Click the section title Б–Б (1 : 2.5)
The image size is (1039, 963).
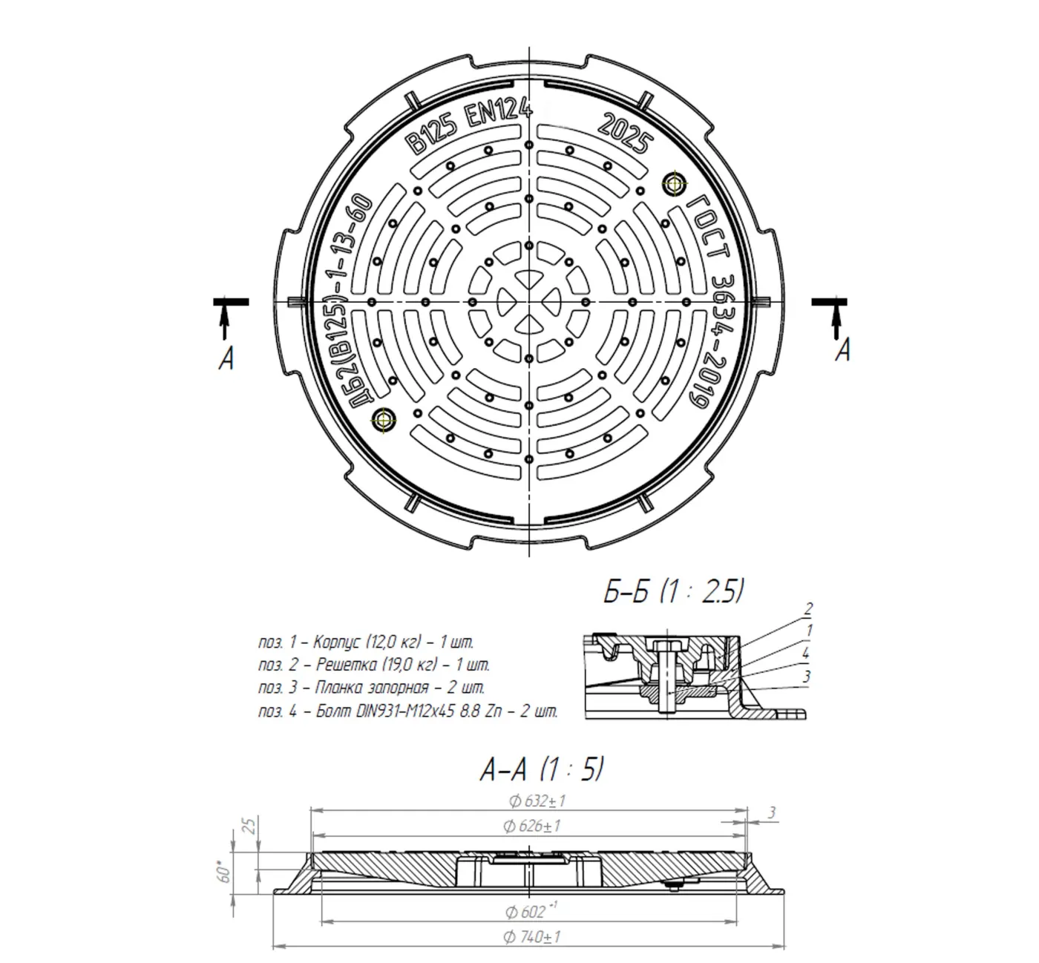click(x=673, y=592)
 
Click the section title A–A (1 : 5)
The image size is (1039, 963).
click(x=542, y=770)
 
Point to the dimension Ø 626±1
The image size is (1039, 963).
click(x=531, y=826)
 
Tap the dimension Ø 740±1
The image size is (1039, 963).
click(x=531, y=937)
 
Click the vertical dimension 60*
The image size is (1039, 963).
click(x=223, y=873)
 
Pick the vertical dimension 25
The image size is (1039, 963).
click(x=251, y=826)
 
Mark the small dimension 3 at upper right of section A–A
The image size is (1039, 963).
click(x=772, y=812)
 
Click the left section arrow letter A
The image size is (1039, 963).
click(x=226, y=358)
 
